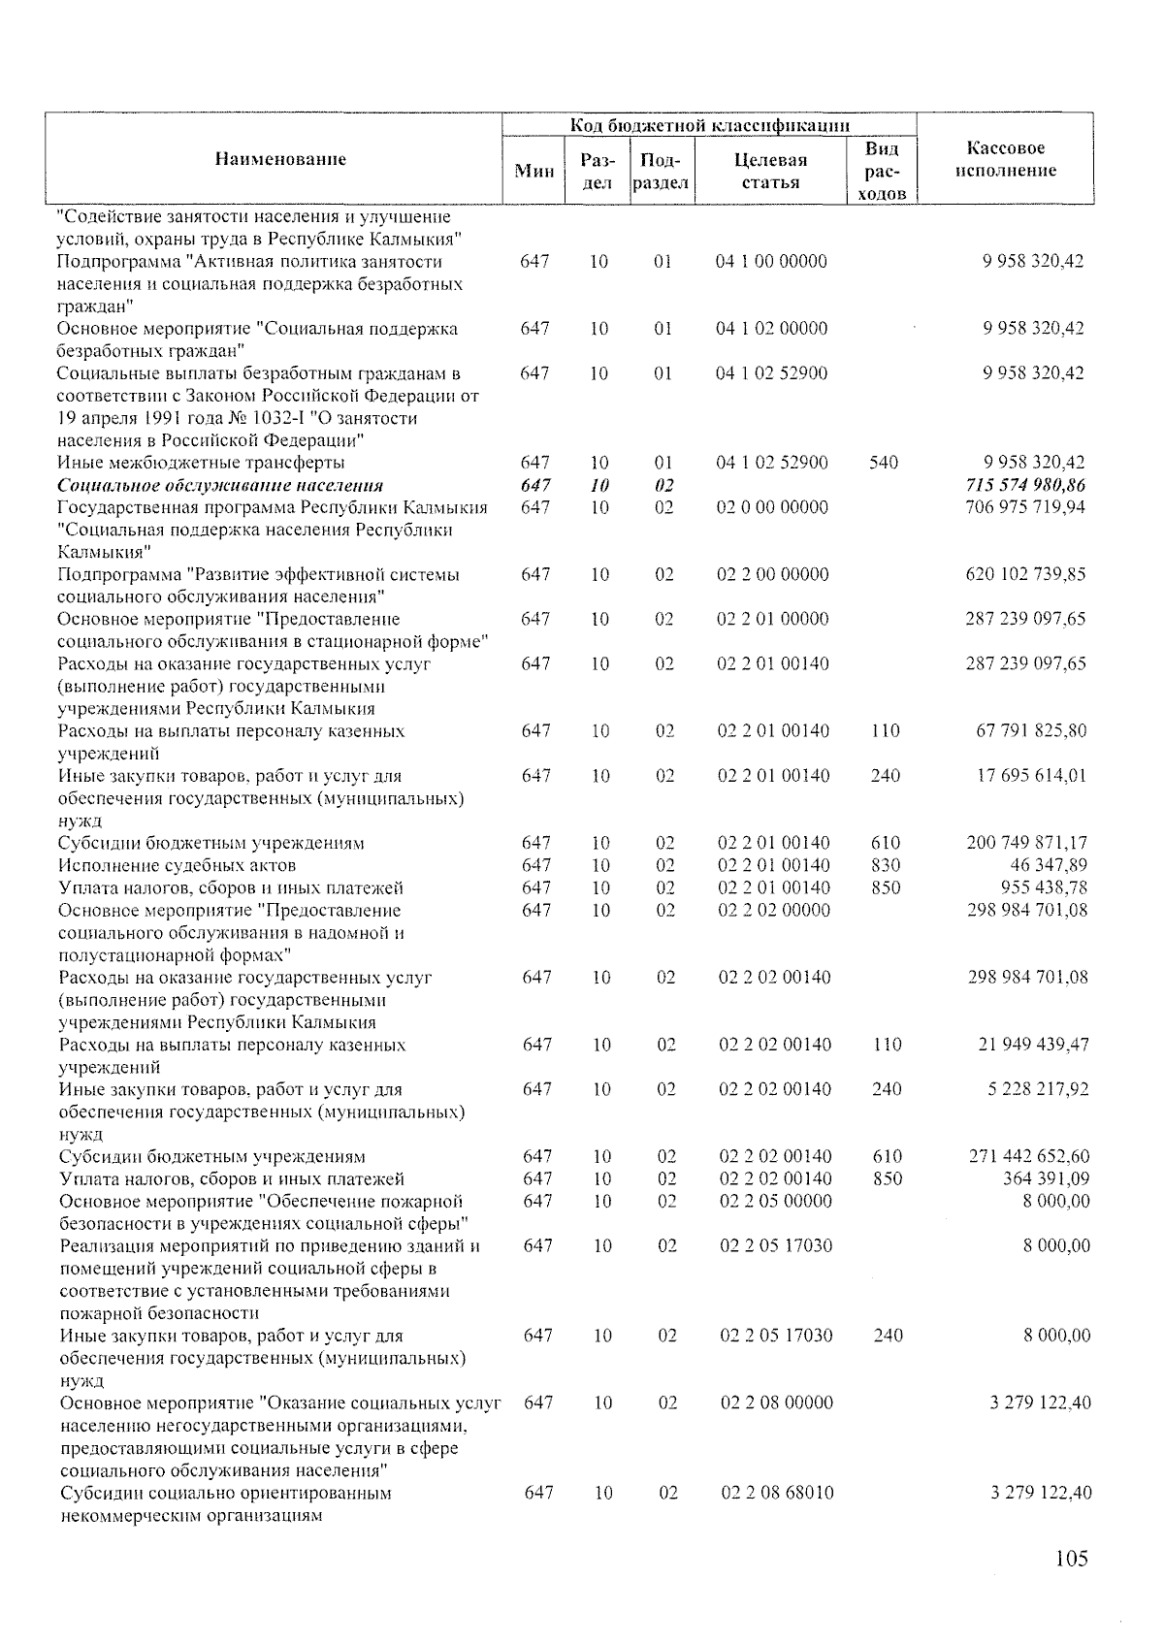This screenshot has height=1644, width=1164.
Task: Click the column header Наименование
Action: (x=280, y=159)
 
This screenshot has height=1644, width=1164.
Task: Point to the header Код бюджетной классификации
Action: (x=709, y=125)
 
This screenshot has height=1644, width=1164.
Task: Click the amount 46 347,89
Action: (x=1050, y=865)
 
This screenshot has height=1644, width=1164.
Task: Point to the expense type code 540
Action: (x=884, y=463)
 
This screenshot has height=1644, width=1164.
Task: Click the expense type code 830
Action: (x=886, y=865)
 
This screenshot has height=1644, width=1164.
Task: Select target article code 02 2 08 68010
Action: (x=777, y=1493)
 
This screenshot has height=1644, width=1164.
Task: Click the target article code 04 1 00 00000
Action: (x=771, y=261)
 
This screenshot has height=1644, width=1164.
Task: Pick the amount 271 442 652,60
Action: (x=1029, y=1156)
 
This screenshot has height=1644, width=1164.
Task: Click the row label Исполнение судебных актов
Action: (x=177, y=865)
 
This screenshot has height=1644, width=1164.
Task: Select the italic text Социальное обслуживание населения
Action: (x=219, y=485)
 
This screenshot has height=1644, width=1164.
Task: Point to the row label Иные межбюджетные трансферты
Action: (x=200, y=463)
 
